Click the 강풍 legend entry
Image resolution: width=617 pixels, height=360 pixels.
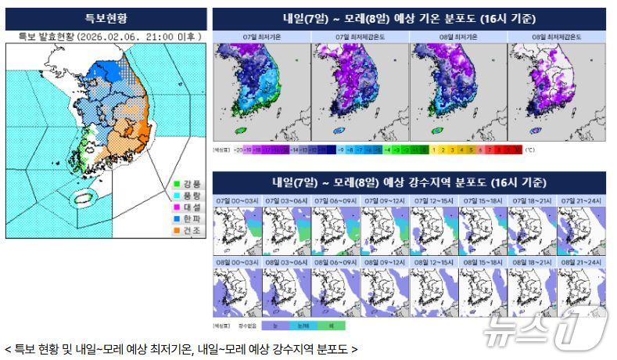[187, 184]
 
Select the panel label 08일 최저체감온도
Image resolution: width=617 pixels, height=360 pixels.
[556, 37]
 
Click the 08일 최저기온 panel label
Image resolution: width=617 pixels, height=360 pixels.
[457, 37]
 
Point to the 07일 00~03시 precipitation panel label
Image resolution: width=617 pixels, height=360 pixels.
[238, 201]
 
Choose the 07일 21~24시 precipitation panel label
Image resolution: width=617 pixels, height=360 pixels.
[581, 201]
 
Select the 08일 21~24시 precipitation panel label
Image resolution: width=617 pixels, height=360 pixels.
[581, 261]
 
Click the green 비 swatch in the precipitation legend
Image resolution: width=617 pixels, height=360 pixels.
[332, 324]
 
